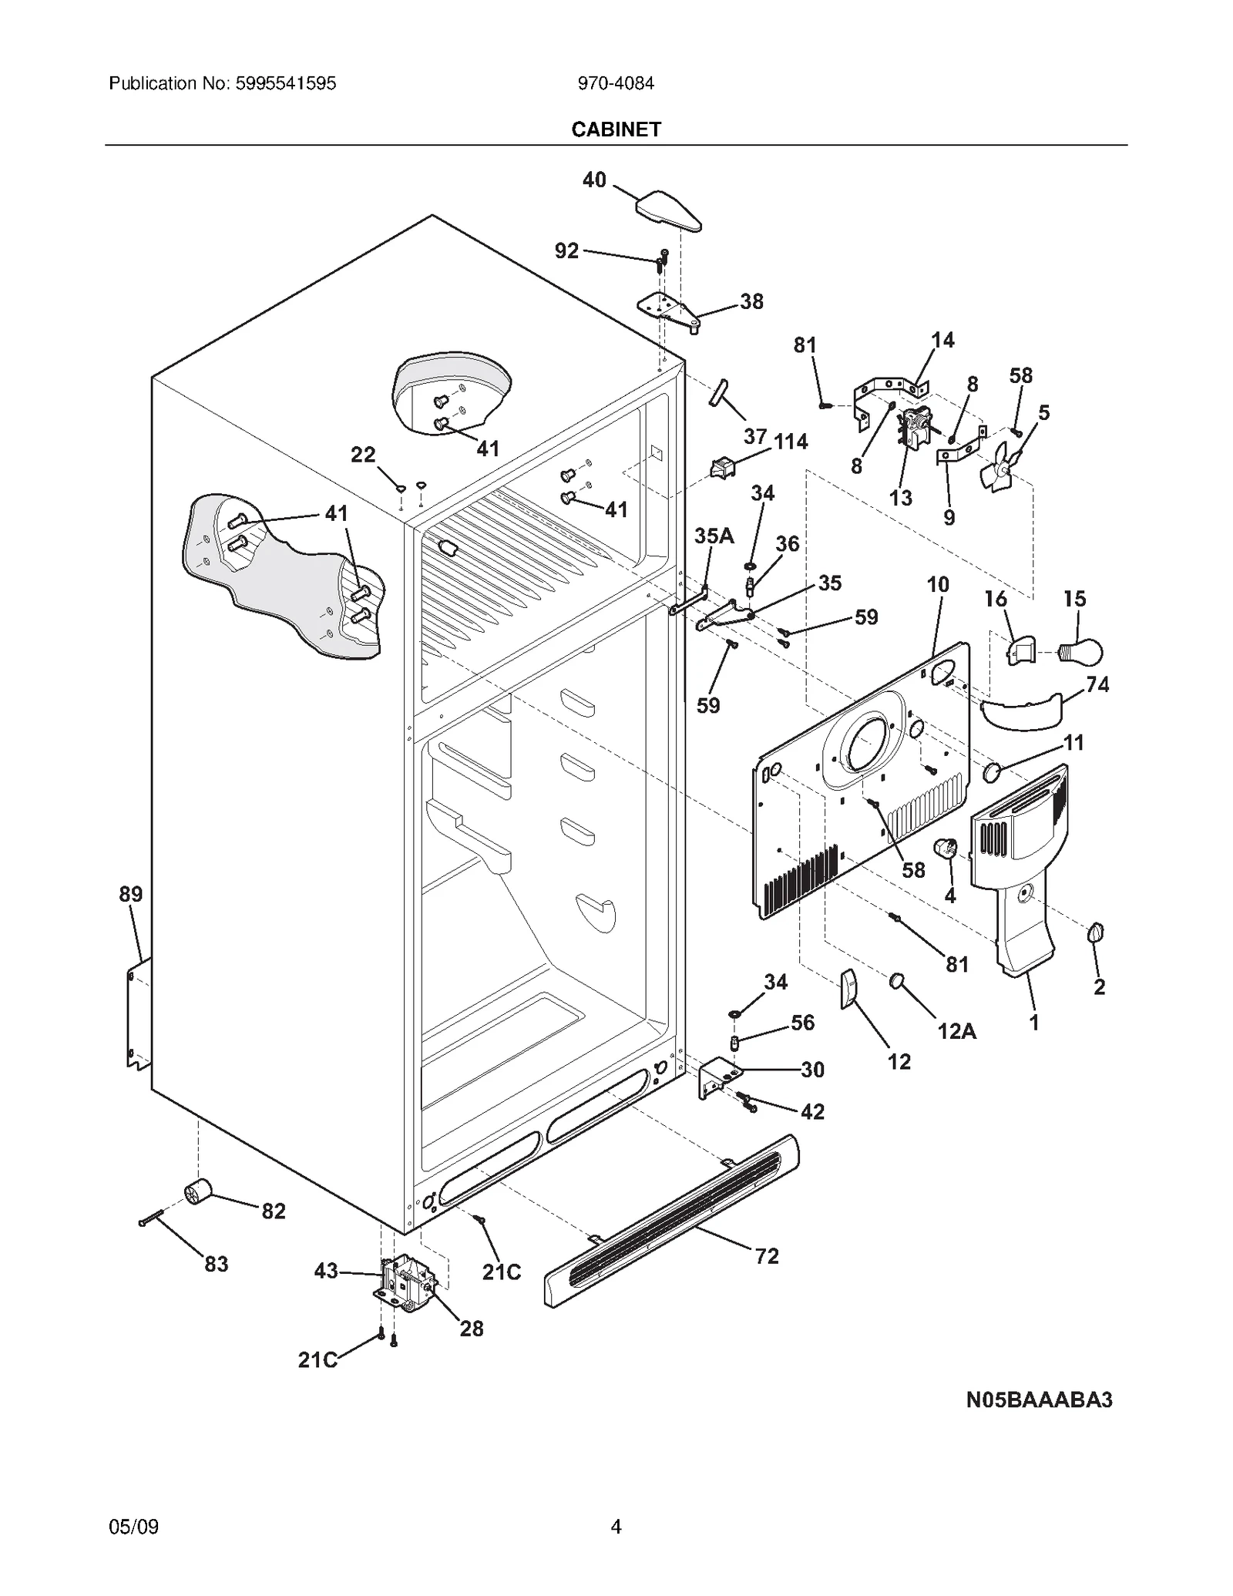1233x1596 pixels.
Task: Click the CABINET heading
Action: pos(616,129)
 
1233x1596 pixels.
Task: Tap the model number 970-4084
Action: pos(616,83)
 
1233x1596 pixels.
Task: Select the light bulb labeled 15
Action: pos(1083,652)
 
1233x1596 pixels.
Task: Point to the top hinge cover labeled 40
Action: pos(667,210)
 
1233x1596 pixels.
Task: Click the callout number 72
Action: pos(766,1256)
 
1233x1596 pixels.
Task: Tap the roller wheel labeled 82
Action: pos(198,1192)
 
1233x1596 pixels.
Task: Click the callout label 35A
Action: pos(714,536)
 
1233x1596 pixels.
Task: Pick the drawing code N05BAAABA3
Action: pos(1039,1400)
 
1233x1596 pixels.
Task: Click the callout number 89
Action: pos(130,894)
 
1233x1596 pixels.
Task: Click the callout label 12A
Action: pos(956,1031)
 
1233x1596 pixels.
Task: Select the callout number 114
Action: pos(791,442)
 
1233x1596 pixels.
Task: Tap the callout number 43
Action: pos(326,1270)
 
